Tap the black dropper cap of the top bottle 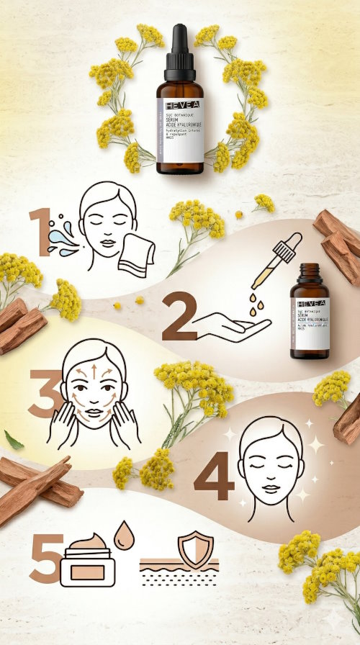179,54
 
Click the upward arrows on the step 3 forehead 93,373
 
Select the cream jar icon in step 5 85,565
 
